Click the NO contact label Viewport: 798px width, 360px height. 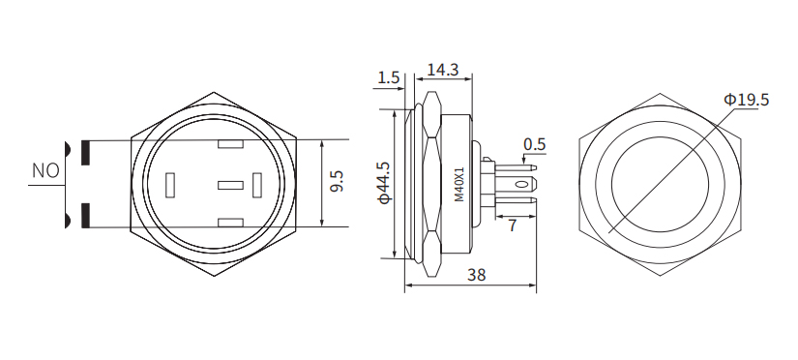coord(45,171)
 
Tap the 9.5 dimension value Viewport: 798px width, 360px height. coord(337,182)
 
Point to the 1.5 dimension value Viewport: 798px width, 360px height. coord(389,77)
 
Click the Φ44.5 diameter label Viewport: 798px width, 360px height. coord(384,182)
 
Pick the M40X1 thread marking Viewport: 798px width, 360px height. coord(459,184)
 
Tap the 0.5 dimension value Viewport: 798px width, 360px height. coord(534,145)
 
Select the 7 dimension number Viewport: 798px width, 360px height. coord(512,225)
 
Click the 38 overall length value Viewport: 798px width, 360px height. coord(475,275)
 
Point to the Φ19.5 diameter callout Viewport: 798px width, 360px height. coord(745,100)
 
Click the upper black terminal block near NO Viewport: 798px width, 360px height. coord(87,152)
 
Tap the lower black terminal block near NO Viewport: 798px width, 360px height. coord(87,214)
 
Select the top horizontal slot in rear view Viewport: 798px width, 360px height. coord(230,146)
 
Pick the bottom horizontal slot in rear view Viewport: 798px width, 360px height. coord(230,223)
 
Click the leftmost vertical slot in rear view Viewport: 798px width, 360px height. coord(171,184)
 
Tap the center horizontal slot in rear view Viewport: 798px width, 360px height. coord(230,184)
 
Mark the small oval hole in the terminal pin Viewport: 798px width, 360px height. coord(521,184)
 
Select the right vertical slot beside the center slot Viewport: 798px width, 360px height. coord(256,184)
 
